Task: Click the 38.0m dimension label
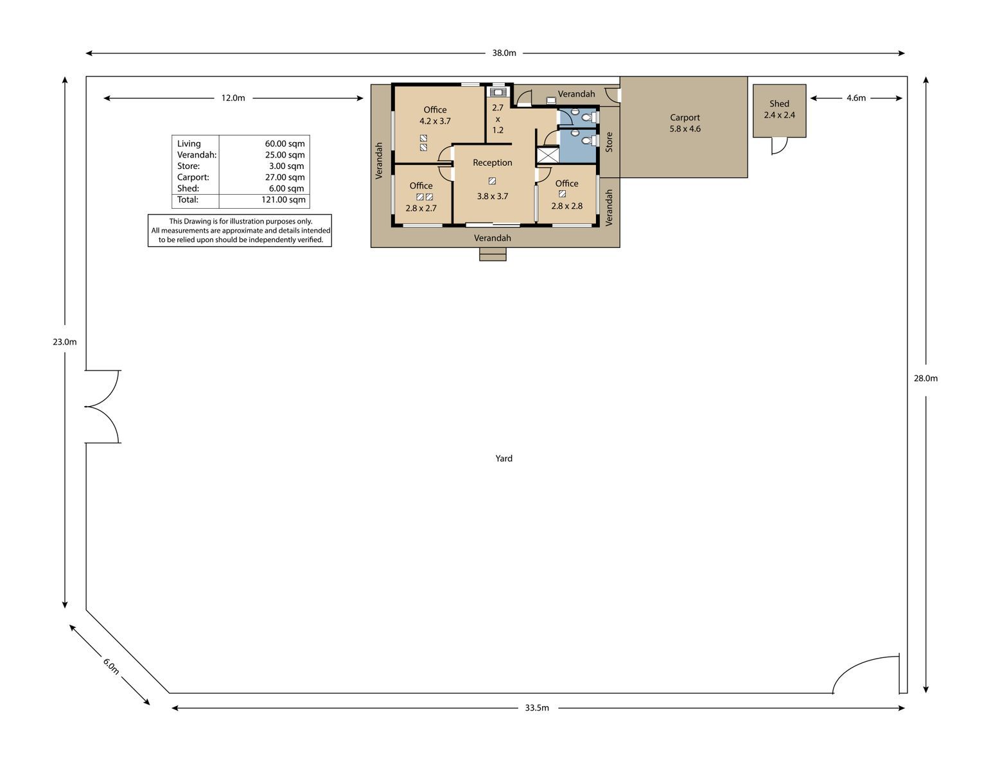pyautogui.click(x=504, y=53)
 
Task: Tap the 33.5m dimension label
pyautogui.click(x=537, y=707)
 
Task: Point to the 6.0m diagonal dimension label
pyautogui.click(x=111, y=666)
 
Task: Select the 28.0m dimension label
pyautogui.click(x=925, y=378)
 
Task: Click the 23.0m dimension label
pyautogui.click(x=65, y=341)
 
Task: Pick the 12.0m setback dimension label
pyautogui.click(x=233, y=98)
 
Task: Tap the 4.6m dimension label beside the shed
pyautogui.click(x=856, y=98)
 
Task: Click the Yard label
pyautogui.click(x=504, y=458)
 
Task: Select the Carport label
pyautogui.click(x=685, y=117)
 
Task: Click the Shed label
pyautogui.click(x=780, y=103)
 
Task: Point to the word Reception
pyautogui.click(x=493, y=163)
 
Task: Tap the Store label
pyautogui.click(x=609, y=142)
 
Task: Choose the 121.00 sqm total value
pyautogui.click(x=283, y=199)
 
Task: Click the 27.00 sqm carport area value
pyautogui.click(x=285, y=177)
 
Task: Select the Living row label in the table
pyautogui.click(x=189, y=144)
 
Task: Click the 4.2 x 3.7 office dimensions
pyautogui.click(x=435, y=121)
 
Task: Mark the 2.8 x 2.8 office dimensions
pyautogui.click(x=567, y=206)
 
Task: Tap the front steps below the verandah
pyautogui.click(x=493, y=254)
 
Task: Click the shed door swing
pyautogui.click(x=780, y=146)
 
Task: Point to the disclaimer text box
pyautogui.click(x=240, y=231)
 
